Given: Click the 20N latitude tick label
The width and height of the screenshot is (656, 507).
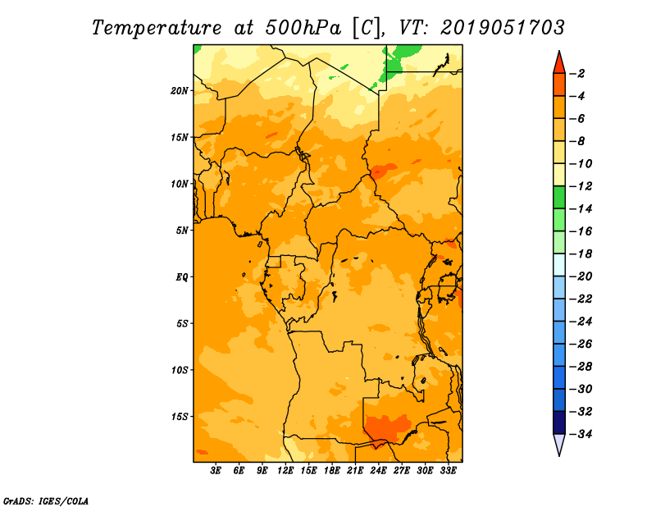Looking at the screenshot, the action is click(180, 91).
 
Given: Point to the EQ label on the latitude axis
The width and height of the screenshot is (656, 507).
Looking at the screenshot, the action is click(181, 276).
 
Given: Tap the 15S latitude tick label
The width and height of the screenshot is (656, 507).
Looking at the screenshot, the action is click(180, 417).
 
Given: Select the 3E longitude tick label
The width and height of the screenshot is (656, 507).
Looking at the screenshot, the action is click(216, 470).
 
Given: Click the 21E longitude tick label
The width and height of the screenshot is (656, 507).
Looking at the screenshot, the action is click(355, 470).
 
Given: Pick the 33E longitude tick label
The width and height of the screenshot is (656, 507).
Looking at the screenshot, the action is click(448, 470).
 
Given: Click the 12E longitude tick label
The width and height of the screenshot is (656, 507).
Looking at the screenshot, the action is click(285, 470).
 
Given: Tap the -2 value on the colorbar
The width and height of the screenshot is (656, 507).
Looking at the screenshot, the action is click(578, 74).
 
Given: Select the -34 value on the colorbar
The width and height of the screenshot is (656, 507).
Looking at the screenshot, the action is click(581, 434).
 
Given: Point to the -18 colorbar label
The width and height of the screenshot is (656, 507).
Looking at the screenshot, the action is click(581, 253).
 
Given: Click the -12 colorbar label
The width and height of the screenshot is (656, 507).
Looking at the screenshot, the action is click(581, 186).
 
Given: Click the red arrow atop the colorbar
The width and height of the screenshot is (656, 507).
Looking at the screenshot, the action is click(559, 63).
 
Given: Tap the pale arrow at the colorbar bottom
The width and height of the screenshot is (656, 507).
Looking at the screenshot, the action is click(559, 444).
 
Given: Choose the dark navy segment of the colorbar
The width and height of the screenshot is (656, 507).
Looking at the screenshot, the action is click(559, 422).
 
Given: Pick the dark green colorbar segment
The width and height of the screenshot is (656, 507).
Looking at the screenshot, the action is click(559, 197).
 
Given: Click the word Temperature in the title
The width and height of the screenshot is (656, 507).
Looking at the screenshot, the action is click(157, 28).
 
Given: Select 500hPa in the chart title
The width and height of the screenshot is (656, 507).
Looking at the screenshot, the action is click(303, 28).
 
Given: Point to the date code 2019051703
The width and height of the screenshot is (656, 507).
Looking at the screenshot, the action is click(502, 28).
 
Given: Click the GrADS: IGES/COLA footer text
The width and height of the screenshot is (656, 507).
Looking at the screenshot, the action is click(46, 500).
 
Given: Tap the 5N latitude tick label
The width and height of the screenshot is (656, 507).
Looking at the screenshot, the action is click(182, 231).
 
